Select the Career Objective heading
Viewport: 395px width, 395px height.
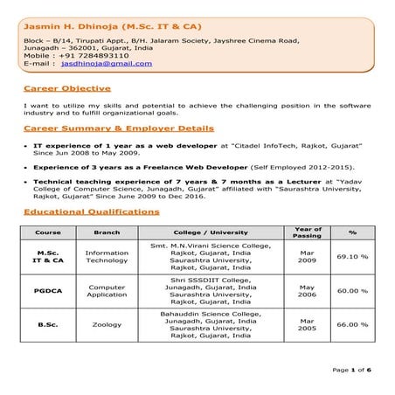point(67,88)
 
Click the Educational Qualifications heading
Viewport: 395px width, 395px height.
point(92,211)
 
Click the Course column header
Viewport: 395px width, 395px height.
point(48,232)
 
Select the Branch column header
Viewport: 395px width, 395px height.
point(107,232)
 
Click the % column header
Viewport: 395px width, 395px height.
point(352,232)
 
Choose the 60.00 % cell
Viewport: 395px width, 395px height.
point(352,291)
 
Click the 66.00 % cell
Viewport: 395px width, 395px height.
point(352,324)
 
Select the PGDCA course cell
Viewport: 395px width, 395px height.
point(48,291)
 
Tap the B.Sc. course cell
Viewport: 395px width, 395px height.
point(48,324)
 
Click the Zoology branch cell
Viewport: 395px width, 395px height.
point(107,324)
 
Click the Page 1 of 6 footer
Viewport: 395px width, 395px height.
point(352,371)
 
